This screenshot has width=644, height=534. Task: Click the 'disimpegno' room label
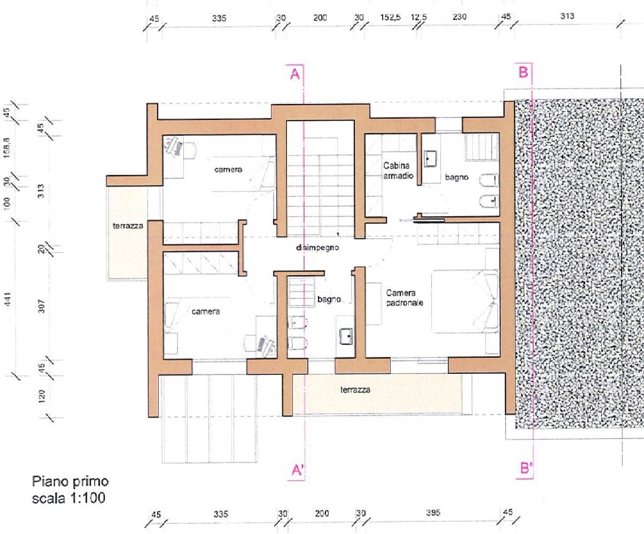pyautogui.click(x=317, y=248)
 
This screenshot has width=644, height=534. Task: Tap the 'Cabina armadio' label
pyautogui.click(x=398, y=171)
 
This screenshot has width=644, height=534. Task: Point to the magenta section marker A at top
pyautogui.click(x=295, y=74)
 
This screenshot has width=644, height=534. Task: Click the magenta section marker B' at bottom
pyautogui.click(x=526, y=468)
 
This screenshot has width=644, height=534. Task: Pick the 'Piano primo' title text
pyautogui.click(x=71, y=482)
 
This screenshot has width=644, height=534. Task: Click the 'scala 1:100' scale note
pyautogui.click(x=68, y=498)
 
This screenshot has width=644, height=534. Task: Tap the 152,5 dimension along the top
pyautogui.click(x=391, y=17)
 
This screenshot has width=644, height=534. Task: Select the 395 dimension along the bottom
pyautogui.click(x=433, y=513)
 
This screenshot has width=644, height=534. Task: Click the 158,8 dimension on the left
pyautogui.click(x=7, y=147)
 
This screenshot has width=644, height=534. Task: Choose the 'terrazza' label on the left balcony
pyautogui.click(x=128, y=226)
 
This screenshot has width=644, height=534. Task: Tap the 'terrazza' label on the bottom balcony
pyautogui.click(x=355, y=390)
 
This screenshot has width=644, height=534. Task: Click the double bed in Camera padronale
pyautogui.click(x=465, y=302)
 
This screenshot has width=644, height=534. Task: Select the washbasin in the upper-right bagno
pyautogui.click(x=431, y=158)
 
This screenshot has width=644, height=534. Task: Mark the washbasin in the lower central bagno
pyautogui.click(x=346, y=336)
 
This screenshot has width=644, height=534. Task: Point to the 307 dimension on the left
pyautogui.click(x=42, y=307)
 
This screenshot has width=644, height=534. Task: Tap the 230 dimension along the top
pyautogui.click(x=459, y=17)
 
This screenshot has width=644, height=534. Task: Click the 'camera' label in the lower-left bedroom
pyautogui.click(x=206, y=311)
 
